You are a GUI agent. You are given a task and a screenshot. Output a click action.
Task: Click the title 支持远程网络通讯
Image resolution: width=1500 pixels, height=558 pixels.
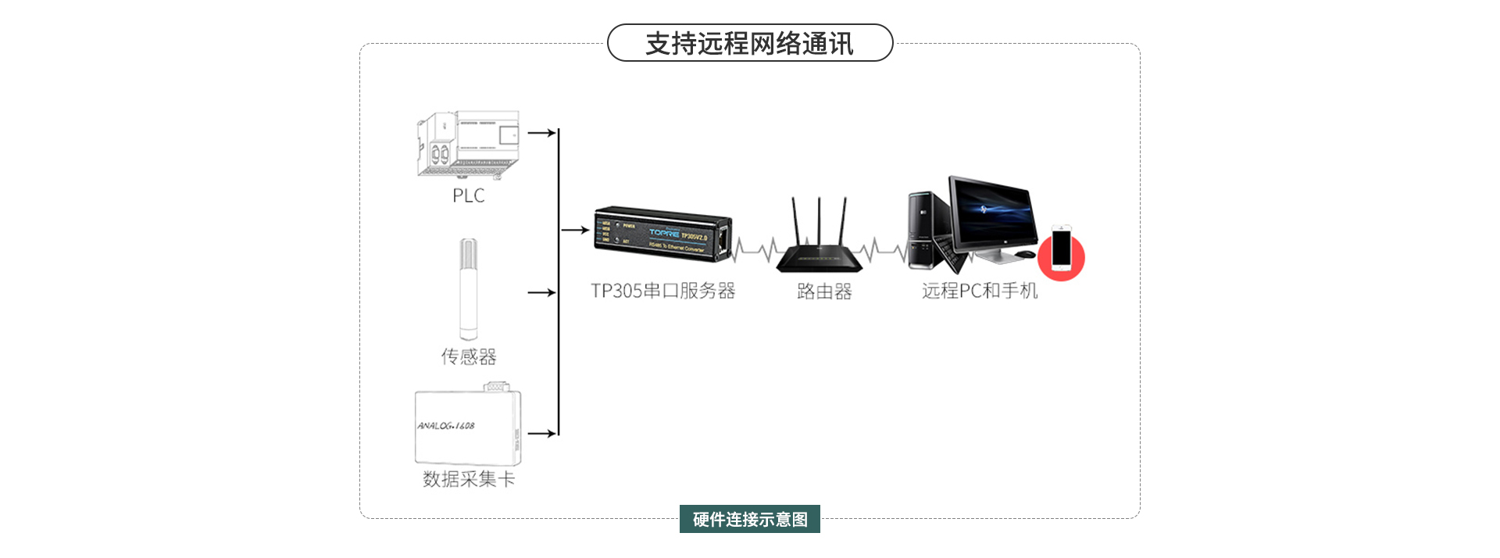tap(749, 44)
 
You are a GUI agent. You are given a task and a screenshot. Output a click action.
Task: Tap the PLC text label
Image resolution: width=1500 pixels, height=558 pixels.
tap(468, 195)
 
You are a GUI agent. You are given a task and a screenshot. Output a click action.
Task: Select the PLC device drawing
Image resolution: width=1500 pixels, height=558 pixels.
tap(468, 145)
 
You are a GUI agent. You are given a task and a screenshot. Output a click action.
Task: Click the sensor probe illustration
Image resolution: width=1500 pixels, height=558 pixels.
tap(468, 289)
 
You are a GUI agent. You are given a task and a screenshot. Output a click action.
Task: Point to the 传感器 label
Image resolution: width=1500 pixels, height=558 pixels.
tap(468, 356)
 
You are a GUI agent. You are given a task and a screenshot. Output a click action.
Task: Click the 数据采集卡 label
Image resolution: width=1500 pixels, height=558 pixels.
tap(469, 479)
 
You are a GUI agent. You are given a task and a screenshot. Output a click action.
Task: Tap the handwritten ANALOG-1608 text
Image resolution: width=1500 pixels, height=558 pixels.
tap(445, 426)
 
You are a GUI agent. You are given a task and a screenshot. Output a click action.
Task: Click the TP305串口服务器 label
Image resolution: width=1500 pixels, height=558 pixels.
tap(662, 291)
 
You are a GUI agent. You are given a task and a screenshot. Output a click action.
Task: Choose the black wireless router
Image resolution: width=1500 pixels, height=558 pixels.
tap(819, 242)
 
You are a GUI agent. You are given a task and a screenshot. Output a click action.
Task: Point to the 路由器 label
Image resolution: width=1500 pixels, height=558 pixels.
tap(824, 292)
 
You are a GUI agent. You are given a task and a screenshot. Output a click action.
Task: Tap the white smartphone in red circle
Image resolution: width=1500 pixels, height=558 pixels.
tap(1061, 249)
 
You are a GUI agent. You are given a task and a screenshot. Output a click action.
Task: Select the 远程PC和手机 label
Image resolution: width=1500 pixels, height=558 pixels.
tap(980, 291)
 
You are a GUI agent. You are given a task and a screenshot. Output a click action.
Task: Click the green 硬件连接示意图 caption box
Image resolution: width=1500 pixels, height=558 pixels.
tap(749, 519)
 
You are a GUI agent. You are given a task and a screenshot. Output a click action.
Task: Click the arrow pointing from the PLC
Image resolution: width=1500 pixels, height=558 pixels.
tap(541, 133)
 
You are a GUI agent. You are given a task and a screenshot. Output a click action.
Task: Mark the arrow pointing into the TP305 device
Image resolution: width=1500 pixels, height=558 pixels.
tap(575, 230)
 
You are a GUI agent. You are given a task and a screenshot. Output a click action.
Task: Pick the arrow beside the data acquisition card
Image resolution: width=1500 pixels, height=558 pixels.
tap(541, 433)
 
